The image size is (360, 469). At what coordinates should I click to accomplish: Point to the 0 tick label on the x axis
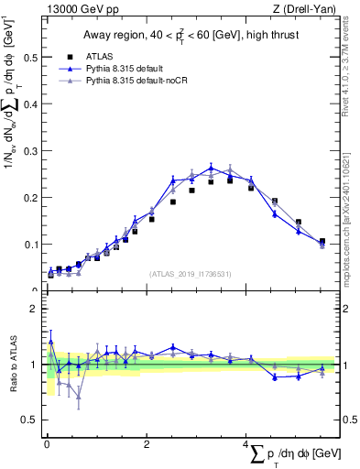(47, 443)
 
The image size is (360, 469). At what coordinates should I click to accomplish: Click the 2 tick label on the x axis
(147, 443)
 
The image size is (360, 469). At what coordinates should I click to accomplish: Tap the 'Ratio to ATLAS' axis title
(12, 365)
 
